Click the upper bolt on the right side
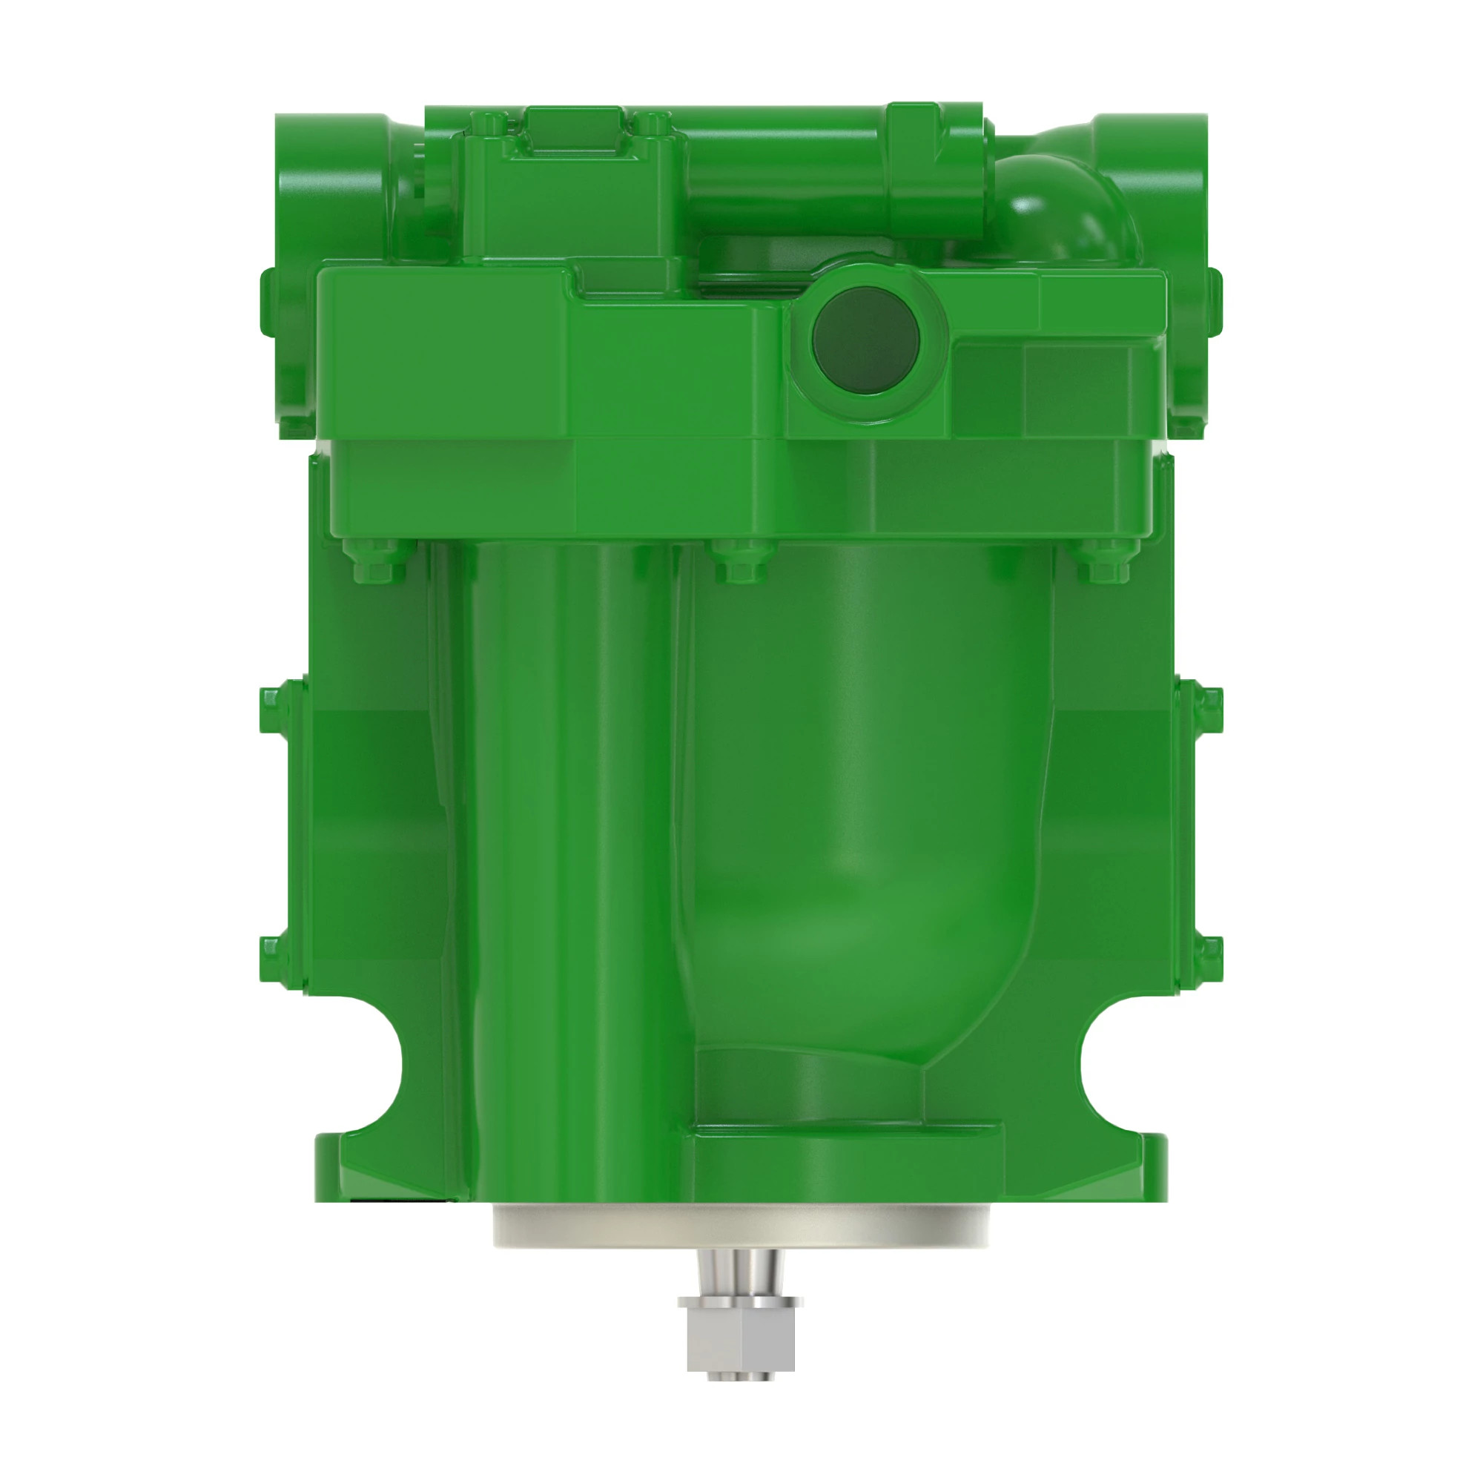1212,699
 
